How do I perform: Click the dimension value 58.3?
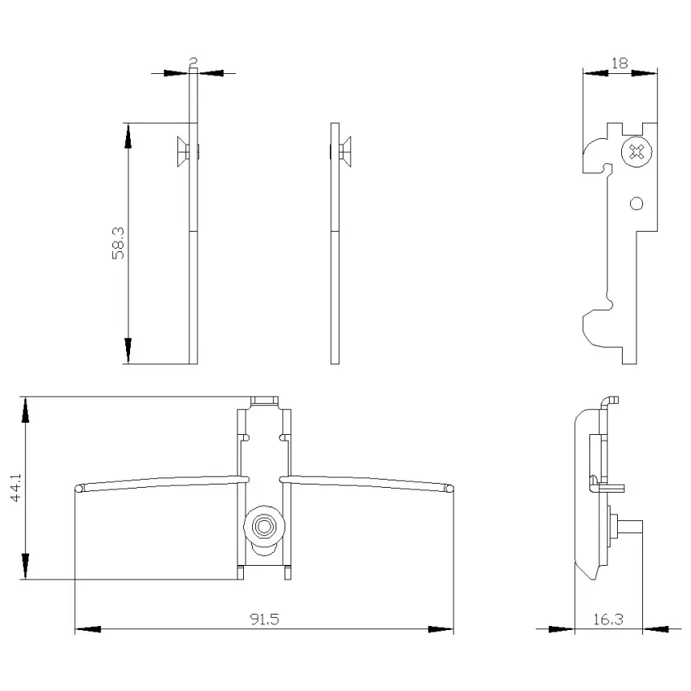[x=118, y=243]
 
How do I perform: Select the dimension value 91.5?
[x=265, y=619]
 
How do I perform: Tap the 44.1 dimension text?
[x=15, y=488]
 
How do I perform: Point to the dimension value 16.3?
[x=608, y=619]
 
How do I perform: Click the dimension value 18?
[x=619, y=63]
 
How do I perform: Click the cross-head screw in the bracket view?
[x=637, y=152]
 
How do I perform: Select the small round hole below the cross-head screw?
[x=637, y=203]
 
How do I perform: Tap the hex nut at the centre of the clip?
[x=264, y=527]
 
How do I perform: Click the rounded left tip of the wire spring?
[x=79, y=489]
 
